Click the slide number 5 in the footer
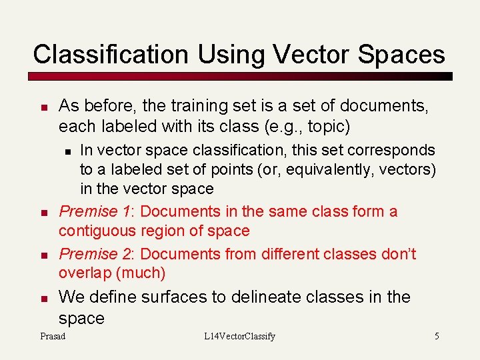[x=437, y=337]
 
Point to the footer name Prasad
[x=53, y=337]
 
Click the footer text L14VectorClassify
[x=239, y=337]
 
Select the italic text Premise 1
[x=96, y=212]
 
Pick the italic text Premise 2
[x=97, y=254]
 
